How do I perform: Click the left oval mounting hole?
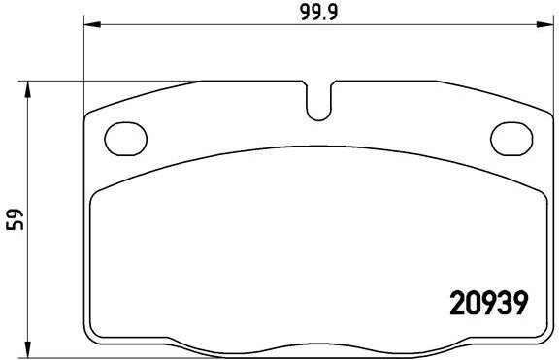123,137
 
